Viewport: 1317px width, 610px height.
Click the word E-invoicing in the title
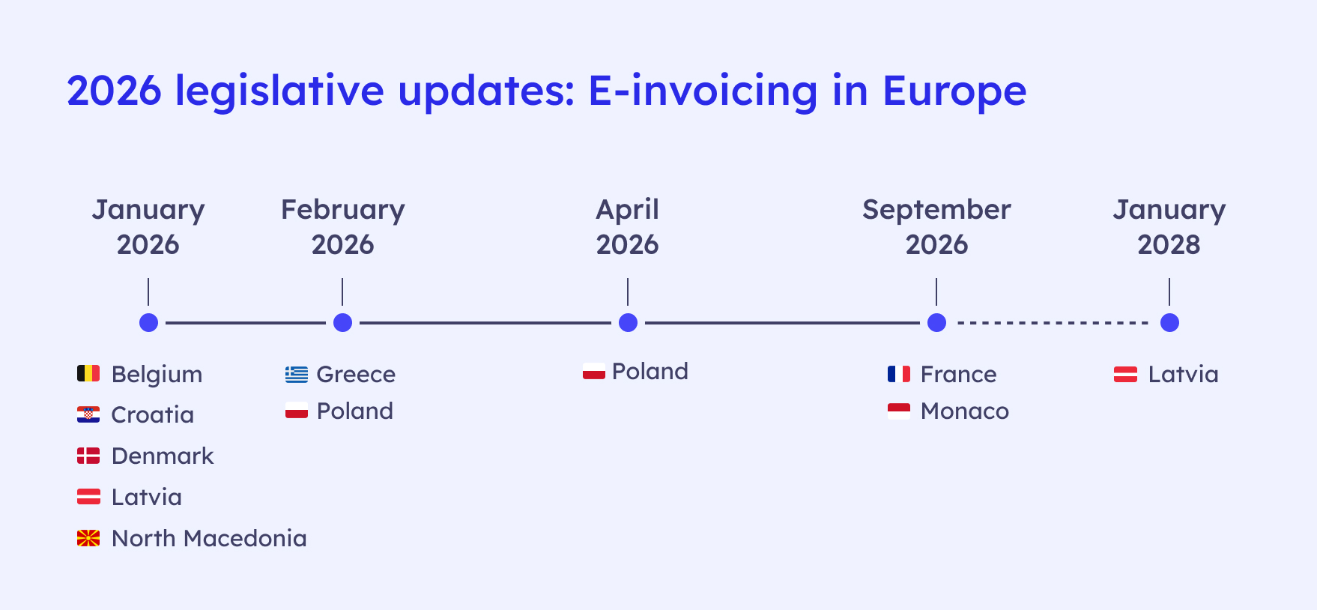[x=703, y=91]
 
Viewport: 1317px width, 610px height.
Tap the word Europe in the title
[x=954, y=91]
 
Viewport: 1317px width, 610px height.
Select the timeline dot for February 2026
[x=342, y=322]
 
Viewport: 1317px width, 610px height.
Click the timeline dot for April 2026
[x=628, y=322]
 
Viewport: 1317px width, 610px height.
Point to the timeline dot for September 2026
[x=936, y=322]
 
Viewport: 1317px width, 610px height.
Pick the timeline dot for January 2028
[x=1169, y=322]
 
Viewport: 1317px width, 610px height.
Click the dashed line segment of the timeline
[x=1053, y=323]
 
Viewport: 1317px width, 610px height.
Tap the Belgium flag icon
[x=88, y=373]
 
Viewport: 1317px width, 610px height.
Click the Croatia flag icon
[x=88, y=414]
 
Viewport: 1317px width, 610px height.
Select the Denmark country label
[x=163, y=456]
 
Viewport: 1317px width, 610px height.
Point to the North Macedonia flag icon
[x=88, y=538]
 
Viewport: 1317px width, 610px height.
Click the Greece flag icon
[x=297, y=374]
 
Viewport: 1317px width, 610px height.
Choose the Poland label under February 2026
[x=355, y=411]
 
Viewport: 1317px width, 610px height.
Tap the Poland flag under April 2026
[x=594, y=371]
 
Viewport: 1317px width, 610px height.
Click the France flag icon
[x=899, y=374]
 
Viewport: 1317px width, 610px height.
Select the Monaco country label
[x=965, y=411]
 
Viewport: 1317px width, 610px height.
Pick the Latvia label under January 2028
[x=1184, y=374]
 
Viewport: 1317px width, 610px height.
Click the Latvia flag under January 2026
[x=88, y=497]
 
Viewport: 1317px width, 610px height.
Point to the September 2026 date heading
[x=936, y=227]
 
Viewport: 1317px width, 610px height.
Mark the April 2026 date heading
[x=628, y=227]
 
